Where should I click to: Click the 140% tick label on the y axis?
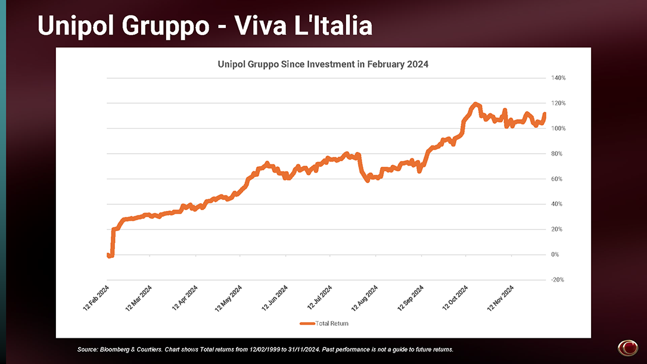point(558,78)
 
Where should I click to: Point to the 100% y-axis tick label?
point(558,128)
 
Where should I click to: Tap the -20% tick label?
point(558,280)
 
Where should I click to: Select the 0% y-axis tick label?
point(555,254)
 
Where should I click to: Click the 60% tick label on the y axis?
point(556,179)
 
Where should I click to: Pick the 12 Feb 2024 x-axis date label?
point(96,298)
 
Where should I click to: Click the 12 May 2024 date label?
point(228,298)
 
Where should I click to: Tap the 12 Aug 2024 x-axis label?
point(365,298)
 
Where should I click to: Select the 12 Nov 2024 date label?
point(500,298)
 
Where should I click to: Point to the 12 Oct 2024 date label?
point(455,298)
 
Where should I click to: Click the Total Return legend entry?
point(324,323)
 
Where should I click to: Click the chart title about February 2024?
point(323,64)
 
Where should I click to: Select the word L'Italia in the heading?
point(333,26)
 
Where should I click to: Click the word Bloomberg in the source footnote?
point(114,350)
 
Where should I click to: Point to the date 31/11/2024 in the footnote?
point(305,350)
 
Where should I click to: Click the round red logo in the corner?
point(627,347)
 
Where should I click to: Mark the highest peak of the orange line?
point(475,104)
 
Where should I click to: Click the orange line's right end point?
point(545,114)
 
